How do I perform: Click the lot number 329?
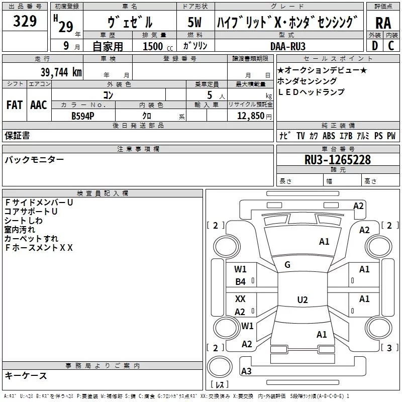tap(25, 22)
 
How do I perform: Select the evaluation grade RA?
tap(383, 23)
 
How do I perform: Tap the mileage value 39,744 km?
tap(61, 72)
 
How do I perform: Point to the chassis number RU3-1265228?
tap(338, 160)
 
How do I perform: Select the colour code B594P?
tap(83, 115)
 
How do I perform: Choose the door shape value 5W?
tap(195, 22)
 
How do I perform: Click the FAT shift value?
tap(14, 105)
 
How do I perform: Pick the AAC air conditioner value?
tap(38, 105)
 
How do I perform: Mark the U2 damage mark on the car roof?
tap(302, 300)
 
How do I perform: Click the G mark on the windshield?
tap(287, 265)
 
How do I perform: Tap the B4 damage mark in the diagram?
tap(241, 282)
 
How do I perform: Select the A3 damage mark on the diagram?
tap(246, 371)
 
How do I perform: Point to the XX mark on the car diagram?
tap(241, 298)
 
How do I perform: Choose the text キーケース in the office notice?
tap(26, 375)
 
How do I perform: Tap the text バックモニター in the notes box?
tap(34, 160)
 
